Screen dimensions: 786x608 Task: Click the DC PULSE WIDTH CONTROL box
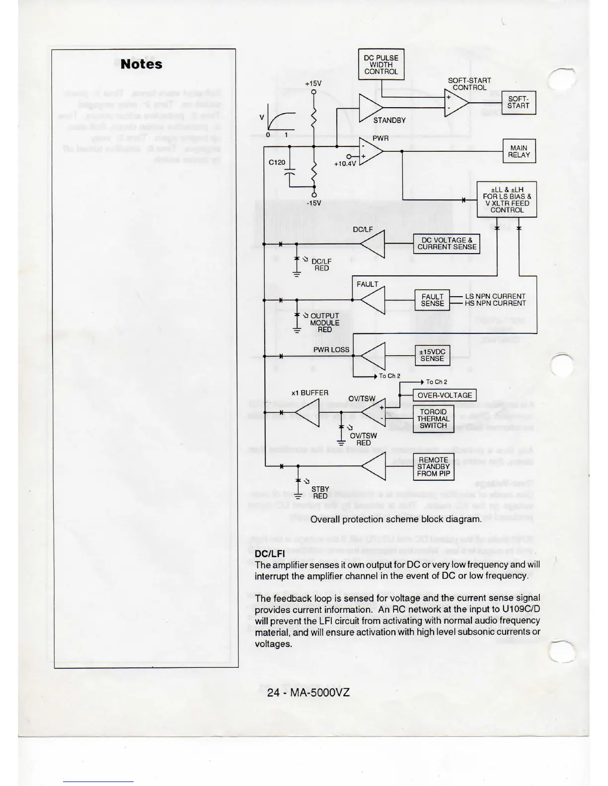[381, 65]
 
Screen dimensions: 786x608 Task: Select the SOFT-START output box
[518, 102]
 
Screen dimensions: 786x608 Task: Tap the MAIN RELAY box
[519, 151]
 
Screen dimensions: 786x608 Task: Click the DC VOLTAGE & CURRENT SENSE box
[447, 244]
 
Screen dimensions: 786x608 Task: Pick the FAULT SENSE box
[432, 300]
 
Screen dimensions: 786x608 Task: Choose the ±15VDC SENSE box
[432, 355]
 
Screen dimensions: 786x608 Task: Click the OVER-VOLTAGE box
[445, 395]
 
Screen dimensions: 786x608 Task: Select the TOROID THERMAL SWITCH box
[433, 419]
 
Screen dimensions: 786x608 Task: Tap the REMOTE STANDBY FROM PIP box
[434, 467]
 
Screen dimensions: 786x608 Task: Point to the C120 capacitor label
[277, 162]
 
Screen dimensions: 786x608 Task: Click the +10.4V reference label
[345, 163]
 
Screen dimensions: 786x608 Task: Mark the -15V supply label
[313, 203]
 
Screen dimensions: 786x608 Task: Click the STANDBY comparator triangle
[370, 107]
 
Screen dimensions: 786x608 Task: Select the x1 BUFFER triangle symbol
[308, 412]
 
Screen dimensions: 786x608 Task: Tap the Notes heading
[141, 65]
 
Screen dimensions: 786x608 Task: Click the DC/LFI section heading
[269, 554]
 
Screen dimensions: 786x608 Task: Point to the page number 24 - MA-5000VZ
[308, 692]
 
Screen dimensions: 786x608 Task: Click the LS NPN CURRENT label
[495, 296]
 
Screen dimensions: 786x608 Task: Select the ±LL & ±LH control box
[507, 199]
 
